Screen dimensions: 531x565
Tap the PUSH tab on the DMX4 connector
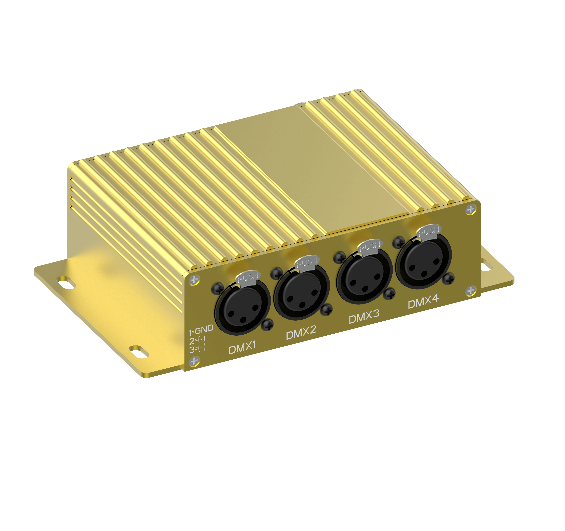click(429, 231)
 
